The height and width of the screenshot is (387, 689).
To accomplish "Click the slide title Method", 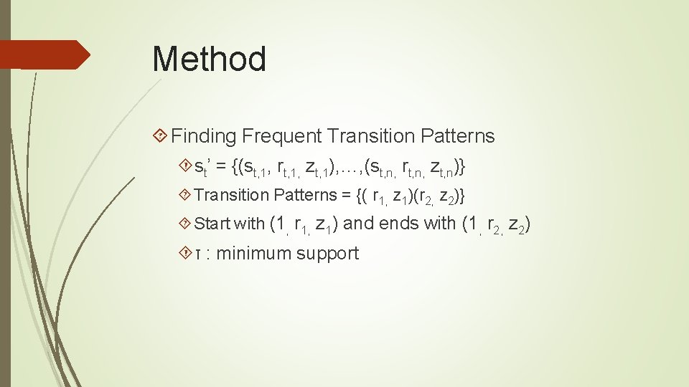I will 209,59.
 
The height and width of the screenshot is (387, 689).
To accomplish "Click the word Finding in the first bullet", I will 204,136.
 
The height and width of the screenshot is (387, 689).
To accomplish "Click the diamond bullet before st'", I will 187,167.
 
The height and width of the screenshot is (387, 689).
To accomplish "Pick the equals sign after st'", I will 221,167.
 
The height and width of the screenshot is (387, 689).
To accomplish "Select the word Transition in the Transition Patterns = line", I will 232,195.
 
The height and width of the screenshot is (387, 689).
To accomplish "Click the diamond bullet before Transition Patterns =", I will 187,195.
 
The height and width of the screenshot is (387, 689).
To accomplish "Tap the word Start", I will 212,224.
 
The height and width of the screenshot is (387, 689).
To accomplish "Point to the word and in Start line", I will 360,224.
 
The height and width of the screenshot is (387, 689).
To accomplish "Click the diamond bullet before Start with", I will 187,224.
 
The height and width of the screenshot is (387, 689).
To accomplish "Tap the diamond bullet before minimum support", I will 187,253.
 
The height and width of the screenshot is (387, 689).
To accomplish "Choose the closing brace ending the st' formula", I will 462,167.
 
